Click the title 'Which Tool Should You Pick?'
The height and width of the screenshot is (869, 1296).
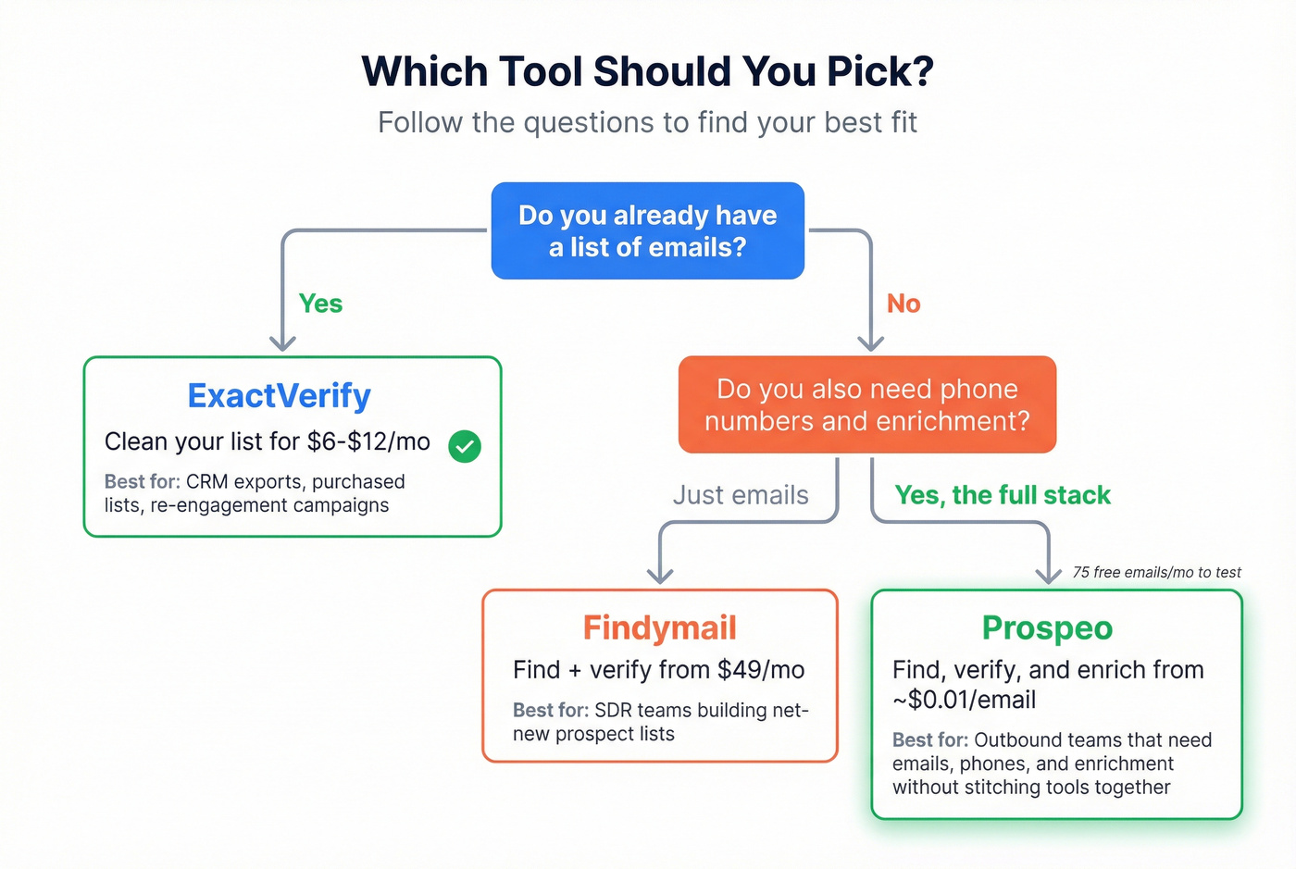(x=647, y=72)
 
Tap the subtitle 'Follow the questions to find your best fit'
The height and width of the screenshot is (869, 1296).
(x=647, y=122)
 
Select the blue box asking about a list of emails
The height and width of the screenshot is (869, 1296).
(x=647, y=230)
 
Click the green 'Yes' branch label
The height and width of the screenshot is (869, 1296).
(x=320, y=304)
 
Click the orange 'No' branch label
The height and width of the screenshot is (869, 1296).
(x=903, y=304)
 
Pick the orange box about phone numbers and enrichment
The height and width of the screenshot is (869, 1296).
(x=866, y=404)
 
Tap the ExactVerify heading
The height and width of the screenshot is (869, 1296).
(x=279, y=396)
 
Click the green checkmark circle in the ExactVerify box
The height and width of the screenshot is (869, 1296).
(x=465, y=446)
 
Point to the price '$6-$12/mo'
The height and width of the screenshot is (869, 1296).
(x=368, y=441)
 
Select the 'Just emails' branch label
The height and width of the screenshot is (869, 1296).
(x=741, y=495)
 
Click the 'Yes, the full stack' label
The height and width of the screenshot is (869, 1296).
(x=1003, y=495)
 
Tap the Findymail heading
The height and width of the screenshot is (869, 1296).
(x=659, y=627)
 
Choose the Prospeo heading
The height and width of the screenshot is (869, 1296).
(x=1047, y=627)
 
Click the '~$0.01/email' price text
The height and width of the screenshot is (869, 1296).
(x=964, y=700)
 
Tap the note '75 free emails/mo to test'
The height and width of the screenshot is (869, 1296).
(x=1156, y=572)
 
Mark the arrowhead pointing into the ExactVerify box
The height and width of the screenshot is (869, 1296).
(x=282, y=343)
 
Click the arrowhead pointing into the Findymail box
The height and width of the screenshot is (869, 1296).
(x=659, y=576)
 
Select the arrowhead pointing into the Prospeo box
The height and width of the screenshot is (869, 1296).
(x=1048, y=576)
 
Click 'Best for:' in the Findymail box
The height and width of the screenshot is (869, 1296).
(x=551, y=710)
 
